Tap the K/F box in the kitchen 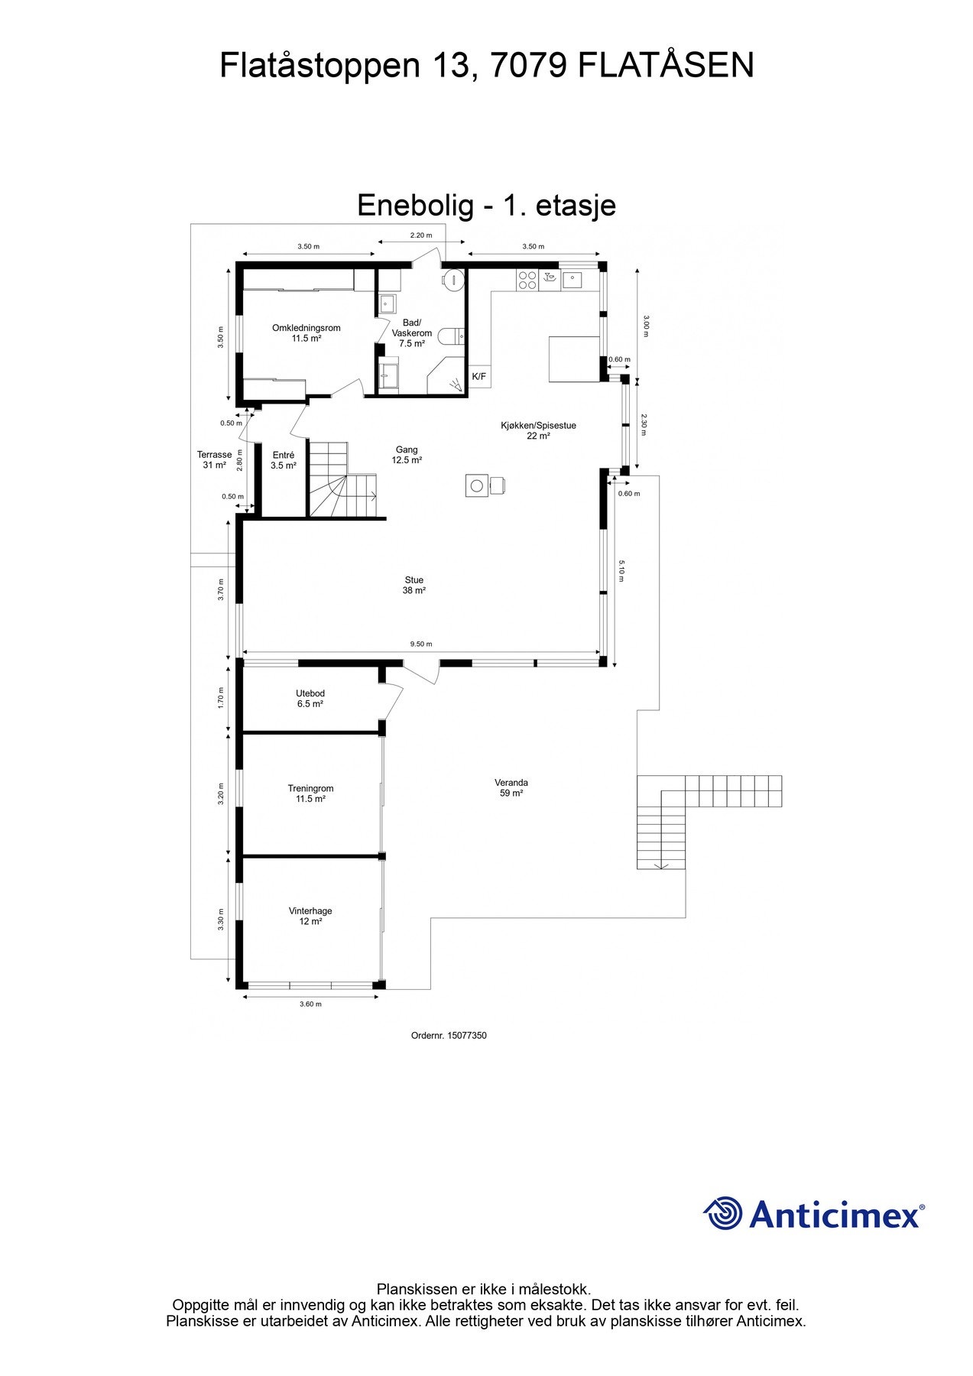click(x=479, y=376)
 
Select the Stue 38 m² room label click(x=414, y=586)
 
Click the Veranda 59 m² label click(x=511, y=788)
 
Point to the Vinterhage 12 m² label click(x=310, y=917)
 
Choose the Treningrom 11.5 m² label click(x=310, y=793)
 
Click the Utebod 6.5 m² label click(x=310, y=699)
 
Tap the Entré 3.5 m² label click(x=284, y=460)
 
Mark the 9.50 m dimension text click(x=421, y=644)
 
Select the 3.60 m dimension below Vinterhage click(x=310, y=1004)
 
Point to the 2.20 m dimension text click(x=421, y=235)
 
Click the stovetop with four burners click(x=527, y=280)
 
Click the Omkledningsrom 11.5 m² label click(x=306, y=333)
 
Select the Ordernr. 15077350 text click(x=449, y=1036)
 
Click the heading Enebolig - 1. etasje click(x=486, y=206)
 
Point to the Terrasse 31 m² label click(x=214, y=460)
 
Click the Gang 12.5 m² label click(x=407, y=455)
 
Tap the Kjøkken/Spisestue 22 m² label click(x=538, y=430)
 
